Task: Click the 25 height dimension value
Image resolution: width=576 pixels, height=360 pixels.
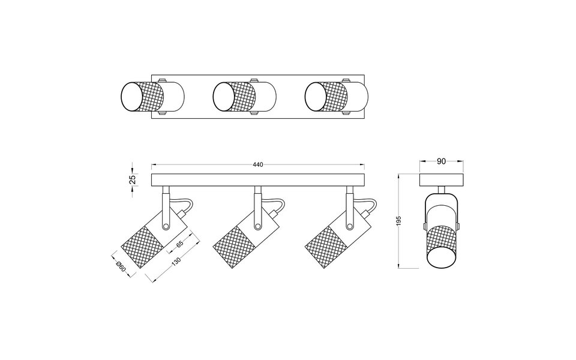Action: (133, 179)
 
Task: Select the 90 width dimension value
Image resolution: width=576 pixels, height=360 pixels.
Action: (441, 161)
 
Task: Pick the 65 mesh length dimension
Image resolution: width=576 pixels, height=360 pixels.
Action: (179, 245)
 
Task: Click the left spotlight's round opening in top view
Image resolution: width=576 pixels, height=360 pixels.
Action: (133, 96)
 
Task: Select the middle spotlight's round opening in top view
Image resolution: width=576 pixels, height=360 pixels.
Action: (225, 96)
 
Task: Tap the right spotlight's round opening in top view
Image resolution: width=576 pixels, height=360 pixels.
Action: (317, 96)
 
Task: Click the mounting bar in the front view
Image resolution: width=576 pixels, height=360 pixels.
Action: (258, 180)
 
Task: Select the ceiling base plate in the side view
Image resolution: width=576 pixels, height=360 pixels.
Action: (441, 180)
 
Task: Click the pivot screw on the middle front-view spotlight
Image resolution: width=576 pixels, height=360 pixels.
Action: (258, 226)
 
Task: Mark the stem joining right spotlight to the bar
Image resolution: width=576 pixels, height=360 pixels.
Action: (347, 198)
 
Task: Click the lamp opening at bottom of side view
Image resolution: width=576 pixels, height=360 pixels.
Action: (441, 259)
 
